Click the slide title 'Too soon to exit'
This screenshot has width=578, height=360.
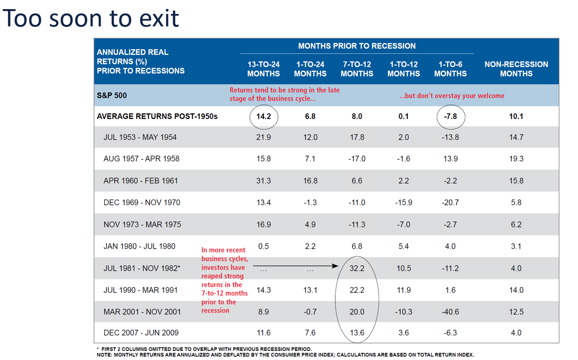[x=91, y=18]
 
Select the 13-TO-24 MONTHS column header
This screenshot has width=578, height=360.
[x=263, y=69]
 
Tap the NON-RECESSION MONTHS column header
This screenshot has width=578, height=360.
[x=516, y=69]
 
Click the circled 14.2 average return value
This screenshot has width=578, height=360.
[x=263, y=116]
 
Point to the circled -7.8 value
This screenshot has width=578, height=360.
[x=450, y=116]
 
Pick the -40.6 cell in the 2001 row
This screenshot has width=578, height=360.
[x=450, y=312]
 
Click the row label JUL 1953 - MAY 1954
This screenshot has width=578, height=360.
[x=140, y=137]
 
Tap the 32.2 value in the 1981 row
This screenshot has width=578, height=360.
[x=357, y=268]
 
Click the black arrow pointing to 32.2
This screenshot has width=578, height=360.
[x=297, y=265]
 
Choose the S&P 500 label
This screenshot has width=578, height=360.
[x=112, y=95]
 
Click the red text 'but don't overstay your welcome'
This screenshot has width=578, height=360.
[x=451, y=96]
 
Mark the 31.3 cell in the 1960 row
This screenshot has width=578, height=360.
[x=263, y=181]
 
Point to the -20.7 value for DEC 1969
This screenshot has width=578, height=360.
[x=450, y=203]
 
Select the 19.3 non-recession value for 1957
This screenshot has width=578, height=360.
[x=516, y=159]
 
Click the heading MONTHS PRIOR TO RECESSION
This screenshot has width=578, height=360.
[x=357, y=46]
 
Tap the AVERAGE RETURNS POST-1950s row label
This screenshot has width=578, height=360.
[x=157, y=116]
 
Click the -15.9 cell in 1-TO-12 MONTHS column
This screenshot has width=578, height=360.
[x=403, y=203]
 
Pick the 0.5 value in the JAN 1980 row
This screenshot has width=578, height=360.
[x=263, y=246]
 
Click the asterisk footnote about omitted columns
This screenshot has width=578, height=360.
[x=204, y=349]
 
